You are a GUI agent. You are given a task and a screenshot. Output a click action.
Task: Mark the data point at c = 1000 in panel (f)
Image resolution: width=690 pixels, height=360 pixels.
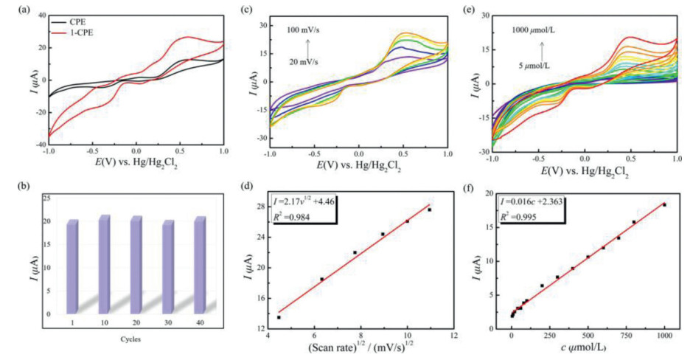664,204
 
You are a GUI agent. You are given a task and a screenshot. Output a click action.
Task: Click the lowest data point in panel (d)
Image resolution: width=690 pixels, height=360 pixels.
279,317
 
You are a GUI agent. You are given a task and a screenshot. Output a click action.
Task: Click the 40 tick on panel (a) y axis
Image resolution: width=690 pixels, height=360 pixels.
32,15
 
